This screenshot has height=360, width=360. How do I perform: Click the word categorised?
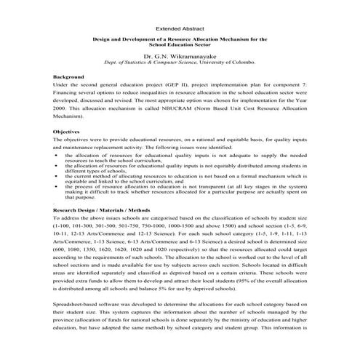[183, 219]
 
